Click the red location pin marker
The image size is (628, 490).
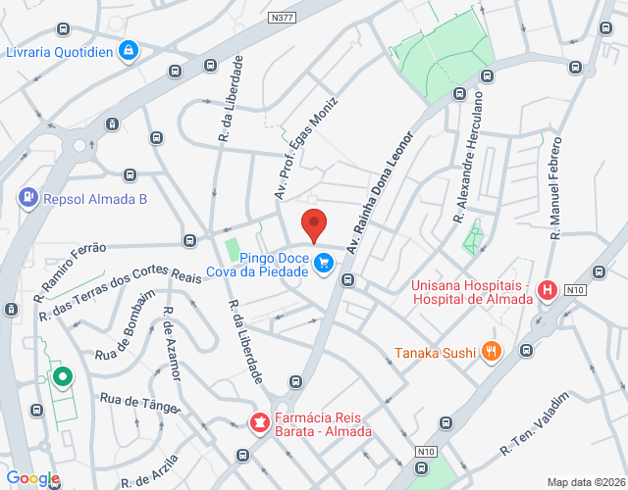click(313, 224)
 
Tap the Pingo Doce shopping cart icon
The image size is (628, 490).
click(325, 263)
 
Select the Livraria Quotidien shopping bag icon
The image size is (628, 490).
click(128, 49)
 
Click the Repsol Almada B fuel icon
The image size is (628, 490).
click(28, 198)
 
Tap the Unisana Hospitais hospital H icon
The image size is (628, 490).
click(547, 290)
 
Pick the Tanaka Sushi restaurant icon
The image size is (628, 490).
click(491, 352)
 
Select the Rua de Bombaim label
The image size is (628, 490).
click(126, 326)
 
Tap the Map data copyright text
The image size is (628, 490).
click(585, 481)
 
